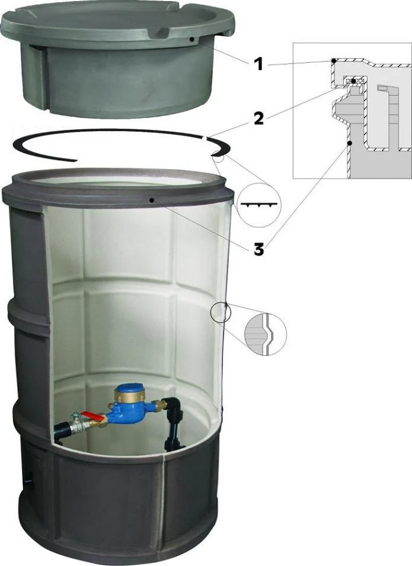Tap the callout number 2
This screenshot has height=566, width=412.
click(258, 119)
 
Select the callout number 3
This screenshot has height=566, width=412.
click(258, 249)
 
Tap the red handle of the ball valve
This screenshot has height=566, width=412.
click(93, 417)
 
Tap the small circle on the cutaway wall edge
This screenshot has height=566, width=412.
click(221, 312)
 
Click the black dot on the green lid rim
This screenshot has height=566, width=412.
click(193, 38)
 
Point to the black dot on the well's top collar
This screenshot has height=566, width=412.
click(153, 199)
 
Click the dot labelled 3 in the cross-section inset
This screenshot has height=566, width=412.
click(349, 144)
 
